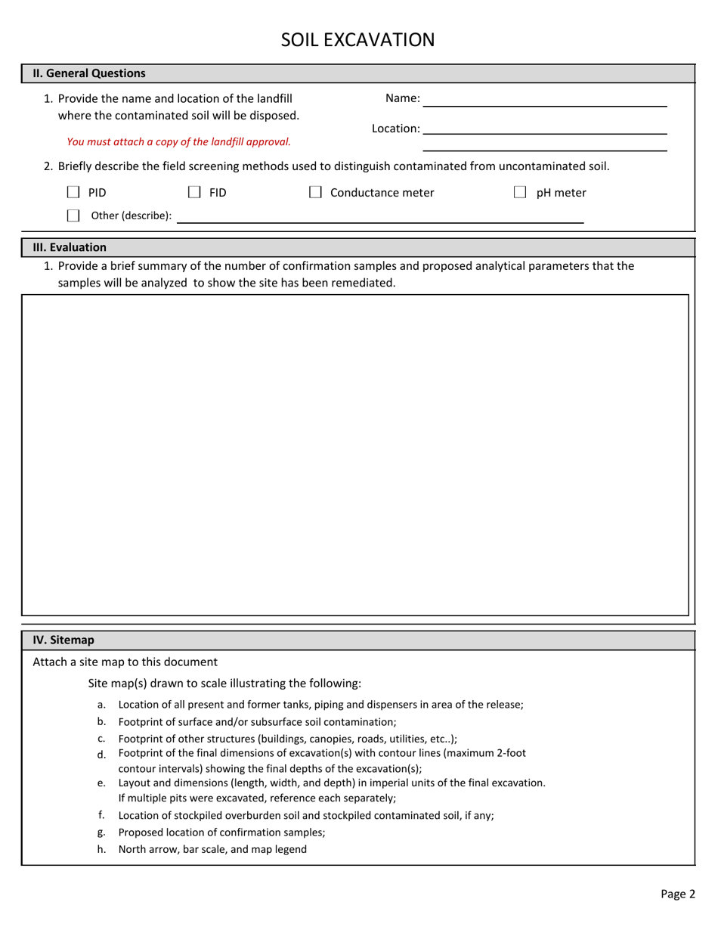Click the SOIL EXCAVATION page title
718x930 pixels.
(358, 39)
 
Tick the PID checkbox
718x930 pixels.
(74, 193)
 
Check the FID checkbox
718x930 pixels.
(194, 193)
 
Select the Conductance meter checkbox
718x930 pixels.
(315, 193)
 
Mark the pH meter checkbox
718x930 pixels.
(520, 193)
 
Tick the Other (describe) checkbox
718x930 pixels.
(74, 215)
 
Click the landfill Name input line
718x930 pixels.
(544, 99)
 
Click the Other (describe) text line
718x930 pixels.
(380, 216)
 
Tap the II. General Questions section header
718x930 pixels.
(89, 73)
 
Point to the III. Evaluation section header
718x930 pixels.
(70, 247)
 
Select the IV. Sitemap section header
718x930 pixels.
(63, 640)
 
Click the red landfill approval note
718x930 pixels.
(178, 141)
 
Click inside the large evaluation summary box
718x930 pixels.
(355, 454)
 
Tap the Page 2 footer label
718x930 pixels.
(677, 894)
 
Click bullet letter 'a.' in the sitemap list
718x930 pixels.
(101, 705)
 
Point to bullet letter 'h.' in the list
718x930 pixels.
(101, 849)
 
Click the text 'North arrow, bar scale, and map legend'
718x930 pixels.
(212, 849)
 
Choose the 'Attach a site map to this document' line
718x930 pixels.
(125, 662)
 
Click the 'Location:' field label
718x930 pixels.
(395, 129)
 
